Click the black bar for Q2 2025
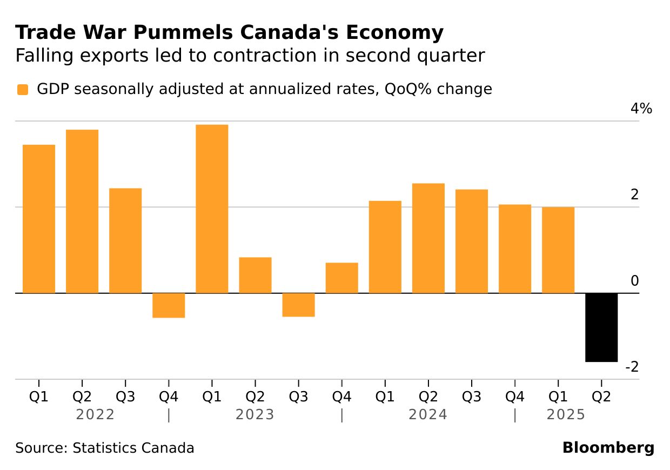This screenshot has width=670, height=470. click(601, 327)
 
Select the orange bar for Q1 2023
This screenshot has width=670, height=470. click(212, 209)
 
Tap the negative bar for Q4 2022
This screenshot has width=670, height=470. click(169, 305)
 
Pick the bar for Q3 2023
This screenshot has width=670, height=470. click(298, 305)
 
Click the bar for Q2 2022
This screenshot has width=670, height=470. click(82, 211)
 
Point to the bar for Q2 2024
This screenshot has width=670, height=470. click(428, 238)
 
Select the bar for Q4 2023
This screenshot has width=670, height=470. click(341, 278)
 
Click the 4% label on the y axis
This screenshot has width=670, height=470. click(641, 109)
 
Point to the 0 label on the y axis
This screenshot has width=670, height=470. click(635, 281)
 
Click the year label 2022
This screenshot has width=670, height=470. click(95, 415)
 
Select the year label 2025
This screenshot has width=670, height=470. click(566, 415)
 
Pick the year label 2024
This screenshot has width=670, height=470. click(428, 415)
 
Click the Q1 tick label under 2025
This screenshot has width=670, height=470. click(558, 397)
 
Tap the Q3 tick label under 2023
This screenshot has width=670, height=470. click(298, 397)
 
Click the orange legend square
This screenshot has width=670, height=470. click(22, 90)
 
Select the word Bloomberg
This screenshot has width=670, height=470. click(608, 448)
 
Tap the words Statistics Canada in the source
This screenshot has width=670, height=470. click(133, 448)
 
